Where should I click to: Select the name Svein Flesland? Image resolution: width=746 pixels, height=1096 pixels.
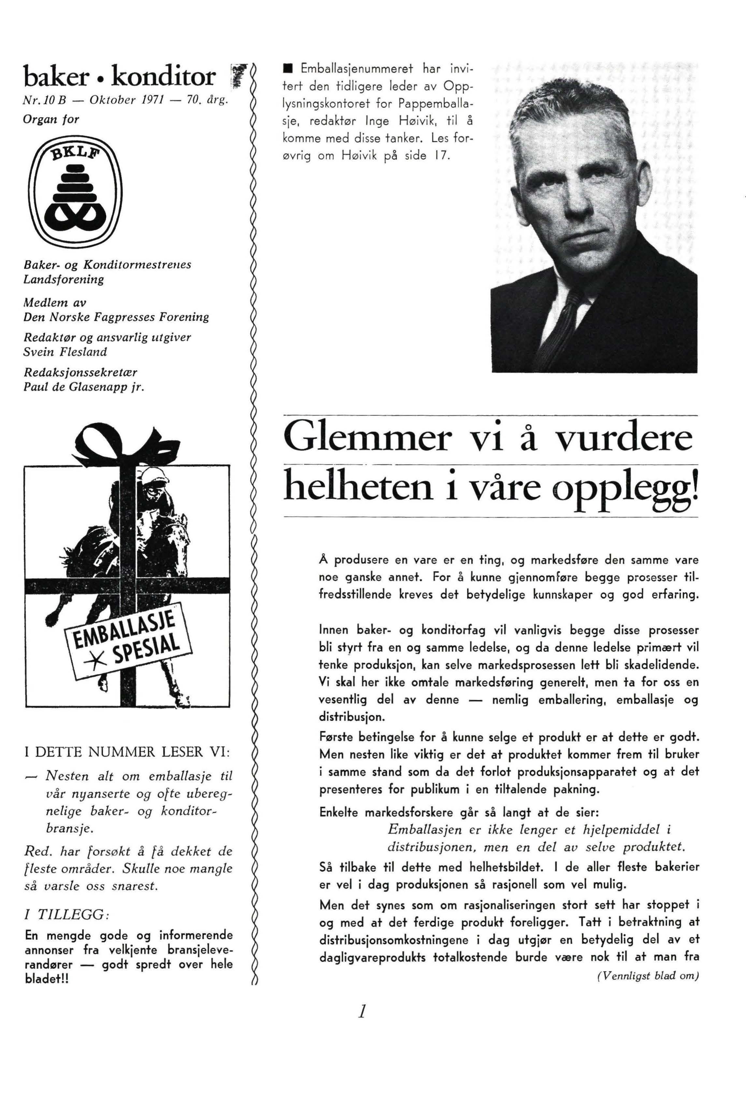tap(65, 352)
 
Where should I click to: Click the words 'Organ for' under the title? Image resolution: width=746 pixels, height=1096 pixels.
tap(51, 119)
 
